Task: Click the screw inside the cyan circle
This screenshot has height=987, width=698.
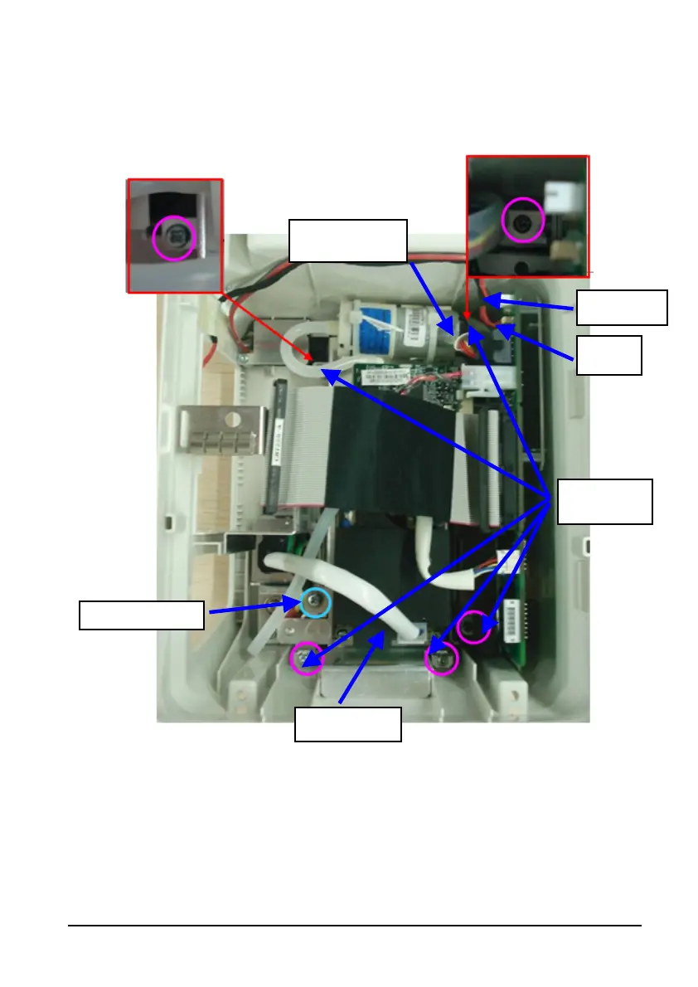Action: [x=315, y=603]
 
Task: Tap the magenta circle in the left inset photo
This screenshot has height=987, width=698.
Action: [x=174, y=239]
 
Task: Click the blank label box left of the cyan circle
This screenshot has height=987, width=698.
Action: [x=141, y=615]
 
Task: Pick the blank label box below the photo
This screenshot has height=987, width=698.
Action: [x=349, y=724]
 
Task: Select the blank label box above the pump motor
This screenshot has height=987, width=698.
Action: [x=348, y=241]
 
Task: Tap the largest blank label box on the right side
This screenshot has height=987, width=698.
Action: [x=604, y=501]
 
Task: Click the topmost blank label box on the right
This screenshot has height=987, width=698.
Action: [x=622, y=307]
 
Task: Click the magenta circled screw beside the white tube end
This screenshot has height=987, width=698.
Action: [x=441, y=659]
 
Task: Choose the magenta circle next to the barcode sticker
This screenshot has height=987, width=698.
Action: [x=474, y=626]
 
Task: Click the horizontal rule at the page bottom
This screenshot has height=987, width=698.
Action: [x=355, y=926]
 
